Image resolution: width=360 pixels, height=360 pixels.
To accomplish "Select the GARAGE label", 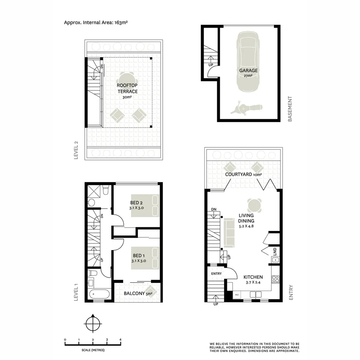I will [248, 71].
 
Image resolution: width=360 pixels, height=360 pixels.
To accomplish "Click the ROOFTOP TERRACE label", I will [127, 88].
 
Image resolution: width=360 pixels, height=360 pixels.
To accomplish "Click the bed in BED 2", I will [145, 205].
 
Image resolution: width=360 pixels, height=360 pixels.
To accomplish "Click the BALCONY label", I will [134, 294].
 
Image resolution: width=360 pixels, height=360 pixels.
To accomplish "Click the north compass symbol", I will [93, 323].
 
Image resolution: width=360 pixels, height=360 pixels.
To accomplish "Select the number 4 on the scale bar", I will [120, 340].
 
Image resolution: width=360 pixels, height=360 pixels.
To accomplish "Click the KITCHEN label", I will [253, 277].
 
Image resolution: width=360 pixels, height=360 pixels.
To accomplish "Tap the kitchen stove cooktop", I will [275, 279].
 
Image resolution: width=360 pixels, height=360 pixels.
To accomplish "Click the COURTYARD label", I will [238, 174].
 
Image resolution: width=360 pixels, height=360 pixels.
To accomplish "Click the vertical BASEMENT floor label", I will [290, 109].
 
